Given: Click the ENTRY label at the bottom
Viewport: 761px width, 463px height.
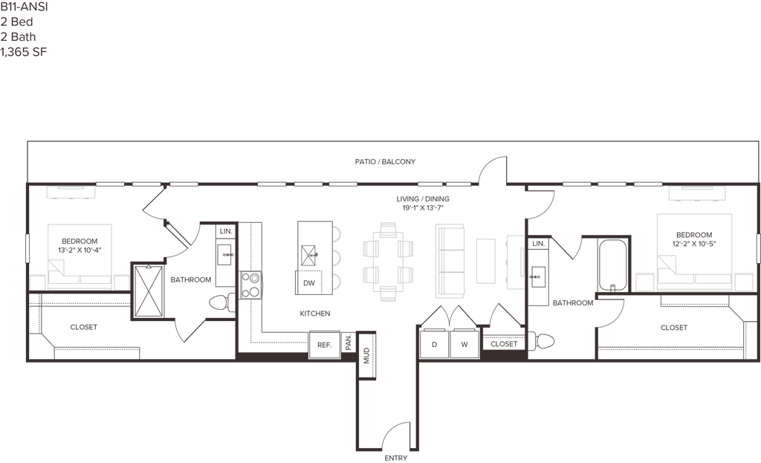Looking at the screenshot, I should tap(395, 458).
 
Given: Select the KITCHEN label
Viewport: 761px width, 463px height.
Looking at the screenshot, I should tap(315, 314).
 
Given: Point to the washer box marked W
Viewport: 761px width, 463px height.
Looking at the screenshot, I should tap(463, 343).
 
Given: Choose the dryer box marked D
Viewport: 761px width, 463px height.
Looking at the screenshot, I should tap(435, 343).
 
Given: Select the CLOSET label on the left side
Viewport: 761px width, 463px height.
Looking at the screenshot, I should tap(84, 326).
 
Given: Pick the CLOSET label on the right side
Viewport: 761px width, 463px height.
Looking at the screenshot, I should tap(673, 326).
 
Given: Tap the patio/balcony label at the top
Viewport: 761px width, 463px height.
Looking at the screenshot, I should tap(386, 161).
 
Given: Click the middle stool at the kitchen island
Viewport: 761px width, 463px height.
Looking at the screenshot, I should tap(336, 258).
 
